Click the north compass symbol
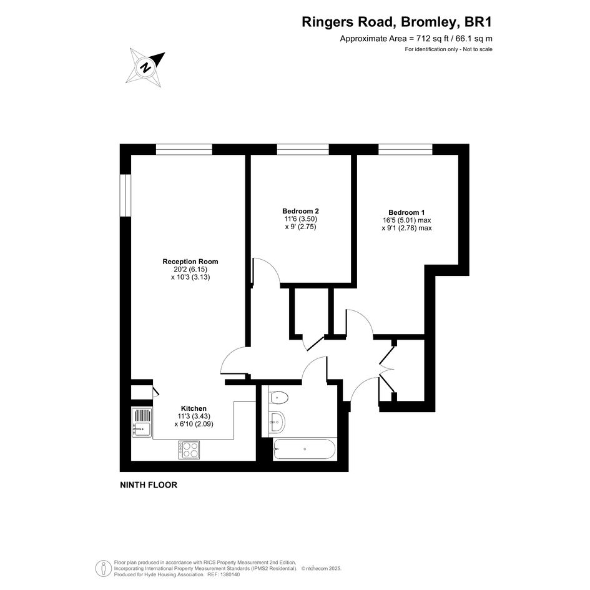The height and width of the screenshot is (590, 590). point(145,67)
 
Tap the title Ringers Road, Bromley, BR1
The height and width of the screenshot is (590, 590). point(396,22)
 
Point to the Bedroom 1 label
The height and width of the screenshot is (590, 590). point(406,213)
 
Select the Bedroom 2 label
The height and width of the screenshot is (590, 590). point(301,211)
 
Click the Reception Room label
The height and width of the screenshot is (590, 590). point(190,262)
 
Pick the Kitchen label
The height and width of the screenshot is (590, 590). point(194,409)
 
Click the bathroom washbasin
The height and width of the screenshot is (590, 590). point(277,421)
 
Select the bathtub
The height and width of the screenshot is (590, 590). point(305,449)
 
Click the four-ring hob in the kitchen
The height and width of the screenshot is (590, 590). point(189,450)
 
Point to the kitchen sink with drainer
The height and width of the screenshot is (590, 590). point(142,422)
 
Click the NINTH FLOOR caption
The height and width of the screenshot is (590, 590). point(149,485)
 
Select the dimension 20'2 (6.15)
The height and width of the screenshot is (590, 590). point(190,270)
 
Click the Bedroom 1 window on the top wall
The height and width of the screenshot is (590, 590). point(406,149)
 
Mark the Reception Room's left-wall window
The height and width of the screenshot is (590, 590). point(125,195)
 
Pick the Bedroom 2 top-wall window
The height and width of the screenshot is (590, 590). point(303,149)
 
